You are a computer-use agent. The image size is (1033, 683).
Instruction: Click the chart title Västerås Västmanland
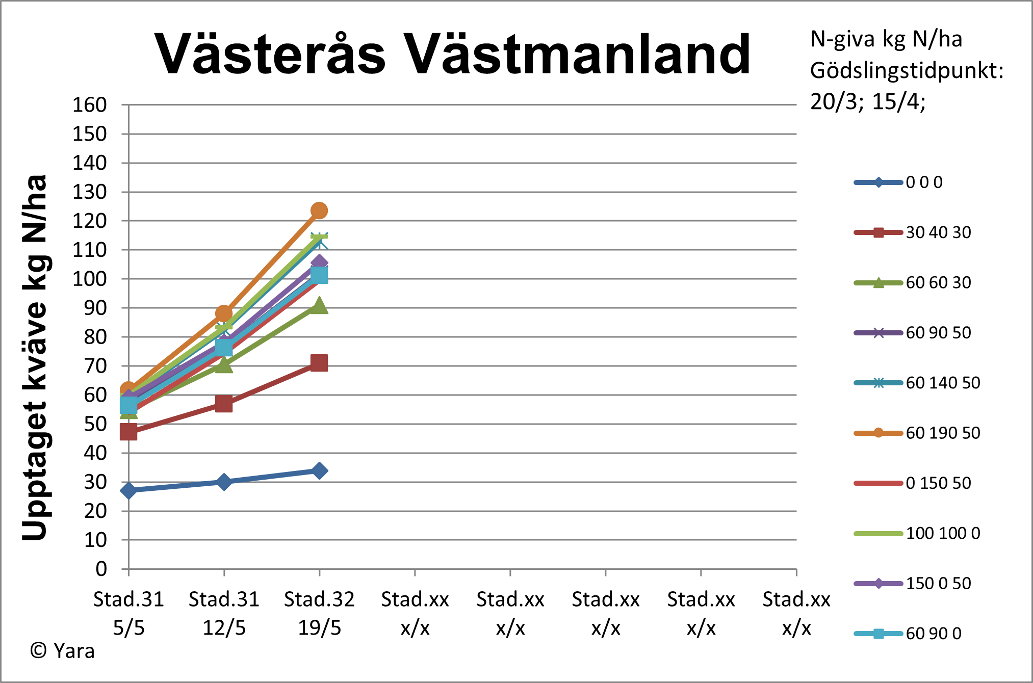coord(453,54)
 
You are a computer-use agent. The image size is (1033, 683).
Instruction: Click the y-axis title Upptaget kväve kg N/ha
coord(35,357)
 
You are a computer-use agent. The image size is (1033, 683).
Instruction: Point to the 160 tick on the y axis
coord(90,105)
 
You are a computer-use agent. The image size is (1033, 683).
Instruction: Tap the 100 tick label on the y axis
coord(90,279)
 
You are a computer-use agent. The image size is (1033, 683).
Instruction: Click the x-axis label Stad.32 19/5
coord(319,613)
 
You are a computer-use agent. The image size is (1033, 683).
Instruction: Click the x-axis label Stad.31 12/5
coord(224,613)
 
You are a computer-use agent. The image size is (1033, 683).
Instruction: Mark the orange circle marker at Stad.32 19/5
coord(319,211)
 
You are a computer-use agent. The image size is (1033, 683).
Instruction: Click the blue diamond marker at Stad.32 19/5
coord(319,470)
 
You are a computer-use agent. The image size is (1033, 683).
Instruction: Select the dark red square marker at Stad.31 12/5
coord(224,404)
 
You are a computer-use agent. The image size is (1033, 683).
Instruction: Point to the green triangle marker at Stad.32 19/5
coord(319,306)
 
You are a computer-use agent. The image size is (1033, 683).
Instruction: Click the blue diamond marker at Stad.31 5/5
coord(128,490)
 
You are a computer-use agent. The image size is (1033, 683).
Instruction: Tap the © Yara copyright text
coord(62,651)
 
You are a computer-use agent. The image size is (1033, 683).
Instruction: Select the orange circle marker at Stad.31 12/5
coord(224,313)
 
